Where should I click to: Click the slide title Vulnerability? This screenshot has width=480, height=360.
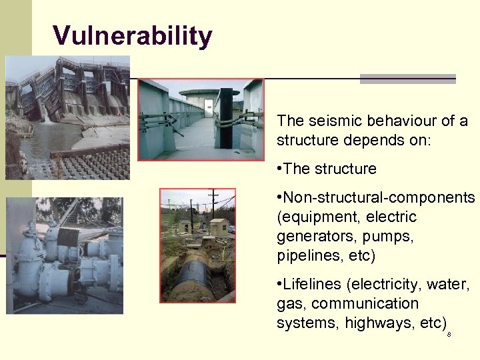133,36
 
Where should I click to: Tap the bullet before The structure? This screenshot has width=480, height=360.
279,169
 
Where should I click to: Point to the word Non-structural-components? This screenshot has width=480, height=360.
379,198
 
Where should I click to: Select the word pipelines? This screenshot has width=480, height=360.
304,256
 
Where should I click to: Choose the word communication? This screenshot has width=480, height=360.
365,304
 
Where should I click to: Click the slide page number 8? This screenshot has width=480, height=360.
449,334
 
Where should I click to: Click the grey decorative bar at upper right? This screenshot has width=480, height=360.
407,79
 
